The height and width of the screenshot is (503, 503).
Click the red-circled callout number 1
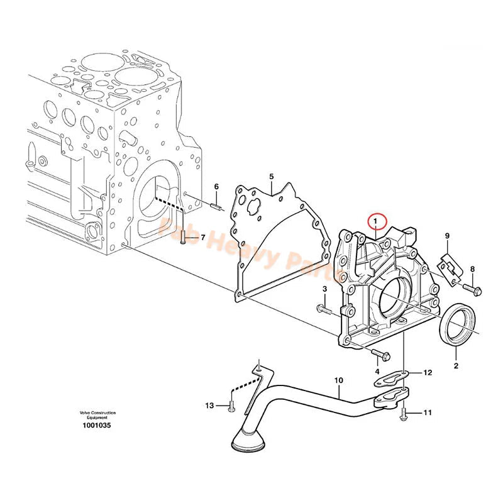pyautogui.click(x=375, y=221)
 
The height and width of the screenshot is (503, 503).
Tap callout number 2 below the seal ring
pyautogui.click(x=456, y=365)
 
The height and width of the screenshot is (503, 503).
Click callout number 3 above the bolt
pyautogui.click(x=325, y=289)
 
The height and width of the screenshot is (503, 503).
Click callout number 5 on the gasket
pyautogui.click(x=271, y=177)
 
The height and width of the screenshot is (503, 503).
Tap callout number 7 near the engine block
pyautogui.click(x=203, y=236)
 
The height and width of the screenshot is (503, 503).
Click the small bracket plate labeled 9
pyautogui.click(x=451, y=265)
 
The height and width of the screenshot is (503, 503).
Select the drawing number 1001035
pyautogui.click(x=97, y=425)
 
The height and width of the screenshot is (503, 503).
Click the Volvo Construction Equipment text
pyautogui.click(x=97, y=415)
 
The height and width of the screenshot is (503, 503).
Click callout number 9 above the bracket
pyautogui.click(x=447, y=236)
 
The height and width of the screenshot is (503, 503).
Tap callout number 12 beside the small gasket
pyautogui.click(x=428, y=373)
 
